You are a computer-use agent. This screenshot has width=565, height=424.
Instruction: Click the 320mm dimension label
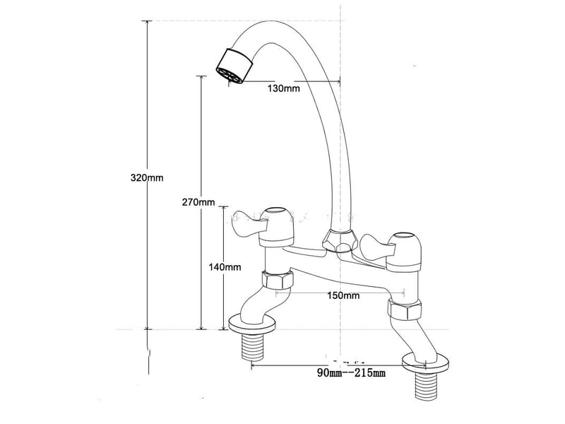(x=147, y=178)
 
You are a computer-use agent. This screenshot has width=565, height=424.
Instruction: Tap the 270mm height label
(x=198, y=202)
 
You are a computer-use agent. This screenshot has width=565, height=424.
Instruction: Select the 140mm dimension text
(x=225, y=267)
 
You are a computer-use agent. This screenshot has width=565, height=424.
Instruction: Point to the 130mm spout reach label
(x=284, y=88)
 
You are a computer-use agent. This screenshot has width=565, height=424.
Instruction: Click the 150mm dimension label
(x=343, y=295)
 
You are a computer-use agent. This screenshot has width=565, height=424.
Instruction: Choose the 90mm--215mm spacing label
(x=351, y=373)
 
